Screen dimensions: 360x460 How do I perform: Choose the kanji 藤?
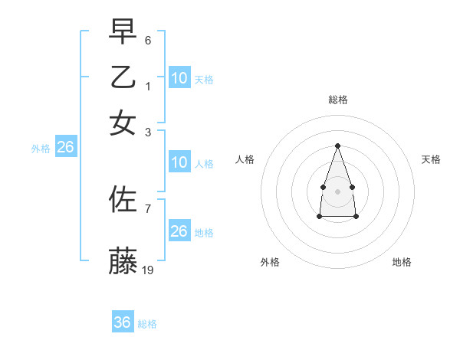point(123,260)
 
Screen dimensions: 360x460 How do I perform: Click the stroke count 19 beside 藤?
point(148,270)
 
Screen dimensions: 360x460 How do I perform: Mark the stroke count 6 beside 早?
point(148,39)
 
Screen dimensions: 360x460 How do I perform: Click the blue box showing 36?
point(122,322)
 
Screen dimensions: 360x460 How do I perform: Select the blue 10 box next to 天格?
point(179,77)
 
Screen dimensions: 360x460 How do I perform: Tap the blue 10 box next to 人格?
point(179,162)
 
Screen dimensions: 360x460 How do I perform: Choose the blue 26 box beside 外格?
point(65,147)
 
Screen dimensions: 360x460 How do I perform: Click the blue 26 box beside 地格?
point(179,231)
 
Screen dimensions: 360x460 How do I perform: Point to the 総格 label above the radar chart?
point(337,100)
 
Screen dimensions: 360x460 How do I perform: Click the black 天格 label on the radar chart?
point(431,159)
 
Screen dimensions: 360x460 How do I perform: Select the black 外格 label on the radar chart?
point(270,262)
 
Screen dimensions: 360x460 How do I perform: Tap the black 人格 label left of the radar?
point(245,159)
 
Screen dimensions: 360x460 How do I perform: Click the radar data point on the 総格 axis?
point(337,145)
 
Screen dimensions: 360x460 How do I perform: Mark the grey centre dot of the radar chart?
point(337,191)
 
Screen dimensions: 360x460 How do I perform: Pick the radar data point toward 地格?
point(356,217)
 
